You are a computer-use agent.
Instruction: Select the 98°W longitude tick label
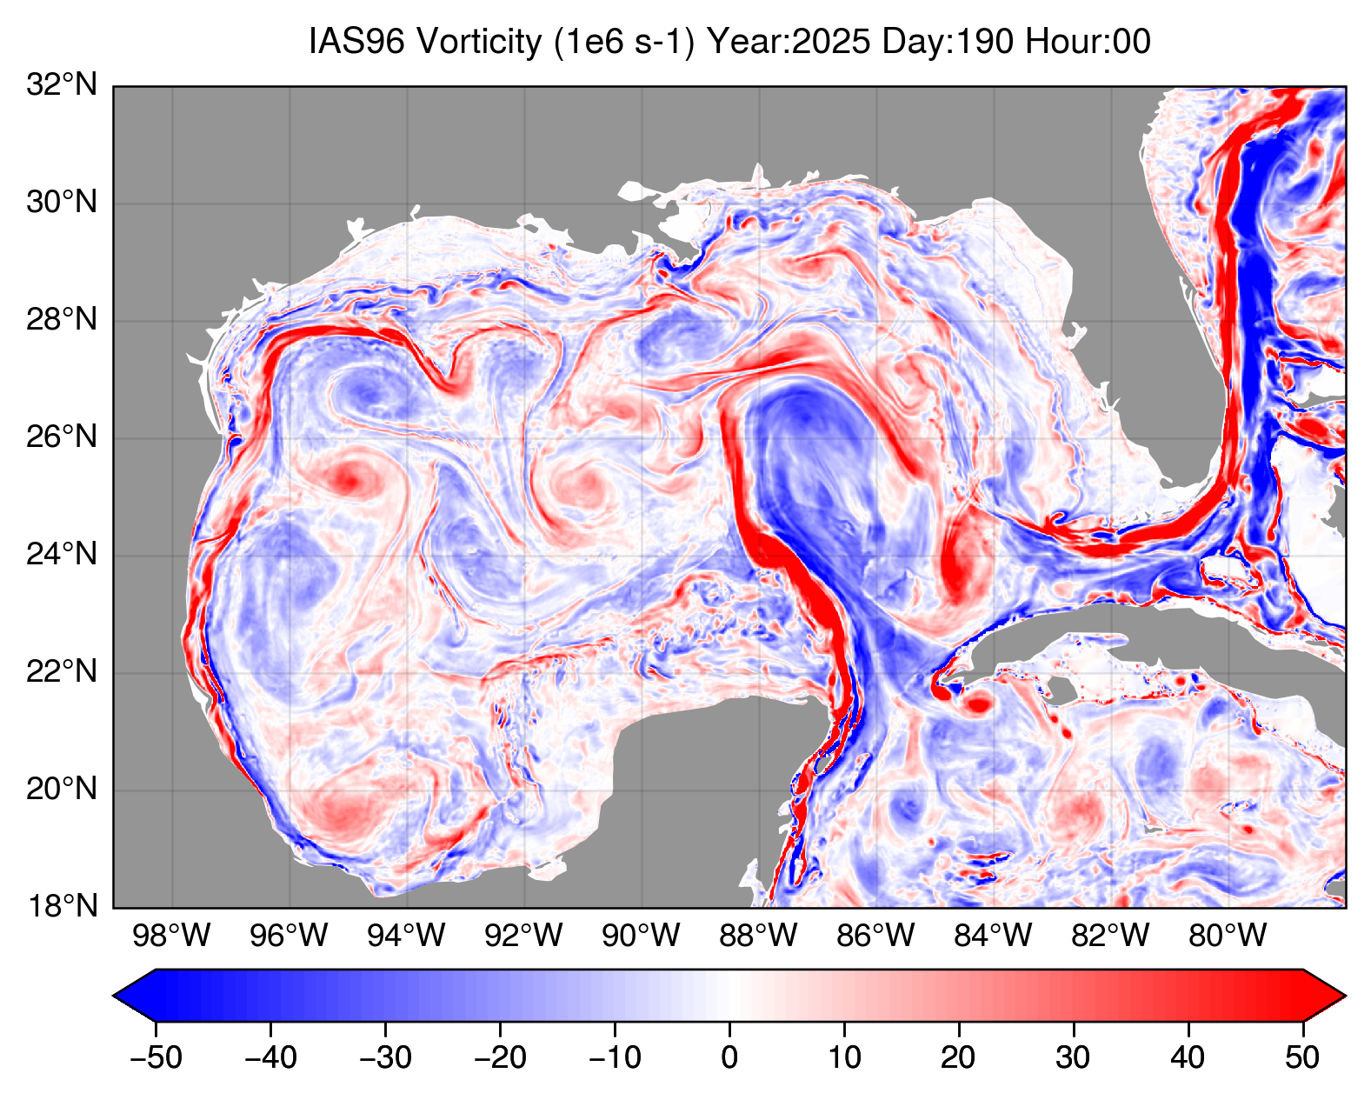pos(172,936)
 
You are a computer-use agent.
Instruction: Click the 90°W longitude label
pos(642,936)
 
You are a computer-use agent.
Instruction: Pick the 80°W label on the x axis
pos(1228,936)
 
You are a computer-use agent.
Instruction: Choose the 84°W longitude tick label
pos(993,936)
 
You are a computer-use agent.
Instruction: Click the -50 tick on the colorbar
pos(156,1057)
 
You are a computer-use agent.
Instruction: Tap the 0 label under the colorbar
pos(729,1057)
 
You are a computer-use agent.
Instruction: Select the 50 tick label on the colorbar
pos(1302,1057)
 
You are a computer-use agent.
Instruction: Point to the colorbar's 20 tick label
pos(958,1057)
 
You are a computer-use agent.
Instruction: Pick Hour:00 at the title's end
pos(1088,42)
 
